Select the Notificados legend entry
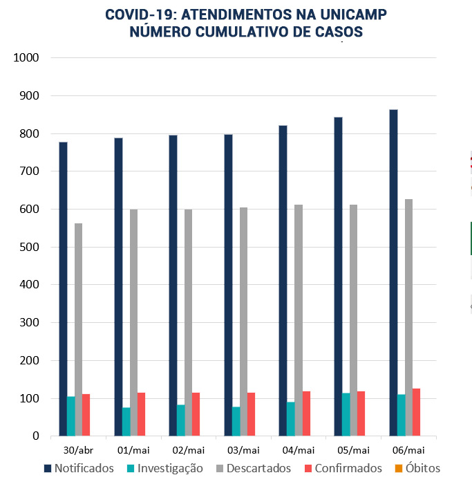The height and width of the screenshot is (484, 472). tap(78, 468)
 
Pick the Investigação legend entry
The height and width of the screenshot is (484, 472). tap(164, 468)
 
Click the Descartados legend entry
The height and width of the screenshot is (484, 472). tap(253, 468)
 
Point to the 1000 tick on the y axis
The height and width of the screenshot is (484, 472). tap(26, 58)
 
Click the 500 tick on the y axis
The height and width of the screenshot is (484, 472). tap(28, 247)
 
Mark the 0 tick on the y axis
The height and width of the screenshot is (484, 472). tap(35, 436)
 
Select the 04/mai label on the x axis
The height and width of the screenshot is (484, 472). tap(299, 449)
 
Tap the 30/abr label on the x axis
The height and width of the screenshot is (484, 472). tap(78, 449)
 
